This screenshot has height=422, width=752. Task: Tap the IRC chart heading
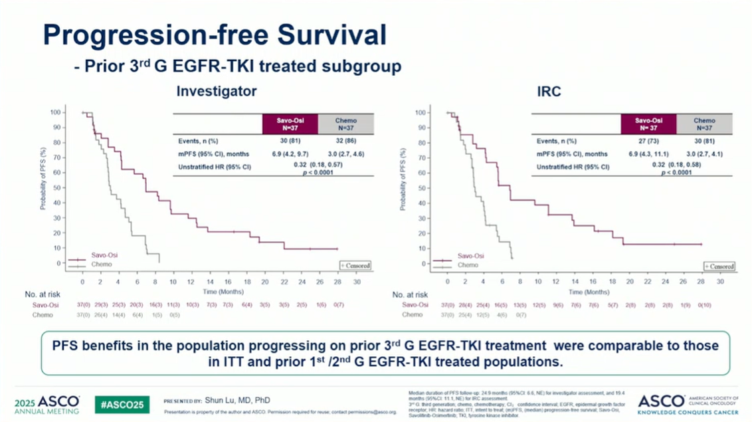[549, 91]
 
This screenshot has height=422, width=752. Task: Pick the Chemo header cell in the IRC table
[704, 124]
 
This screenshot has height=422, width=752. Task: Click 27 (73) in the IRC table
[648, 141]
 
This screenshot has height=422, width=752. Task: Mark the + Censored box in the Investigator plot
[354, 265]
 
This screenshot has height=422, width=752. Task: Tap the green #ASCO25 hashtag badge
[122, 404]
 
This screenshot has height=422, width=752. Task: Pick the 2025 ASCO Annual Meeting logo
[48, 404]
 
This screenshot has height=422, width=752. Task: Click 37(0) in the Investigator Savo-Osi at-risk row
[82, 305]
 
